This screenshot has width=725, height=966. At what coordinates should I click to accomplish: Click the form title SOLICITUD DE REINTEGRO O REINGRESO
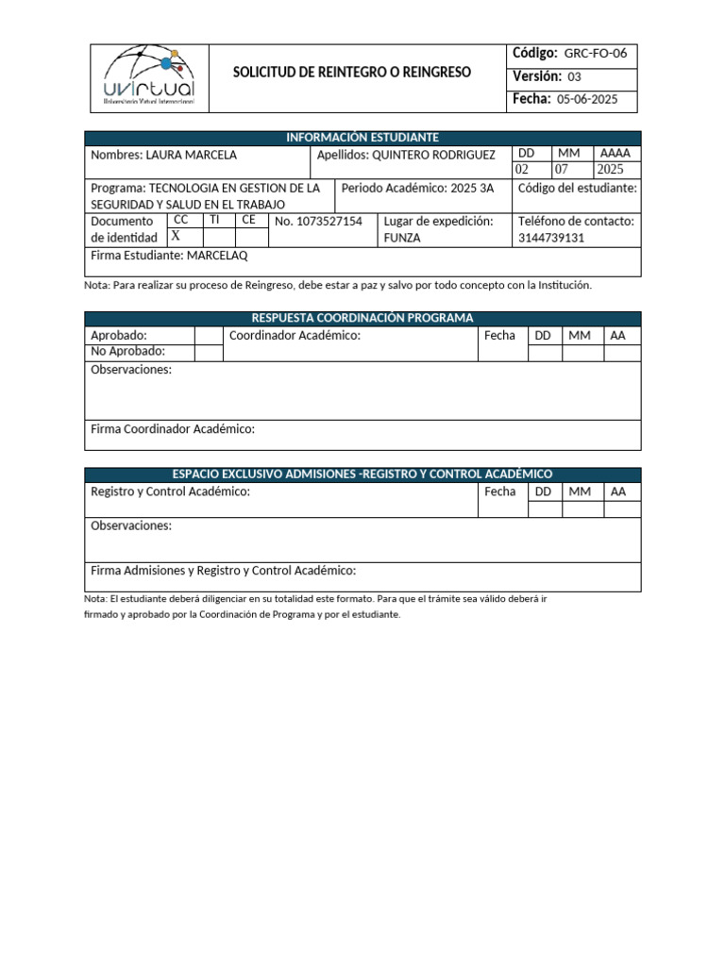click(352, 73)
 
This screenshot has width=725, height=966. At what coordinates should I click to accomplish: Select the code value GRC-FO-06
click(595, 54)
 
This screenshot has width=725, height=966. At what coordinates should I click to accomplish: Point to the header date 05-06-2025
click(588, 99)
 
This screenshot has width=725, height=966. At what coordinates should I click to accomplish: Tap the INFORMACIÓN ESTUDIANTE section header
click(362, 138)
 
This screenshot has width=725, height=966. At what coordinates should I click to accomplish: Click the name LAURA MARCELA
click(192, 155)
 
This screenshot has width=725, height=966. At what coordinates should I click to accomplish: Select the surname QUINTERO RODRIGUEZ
click(434, 155)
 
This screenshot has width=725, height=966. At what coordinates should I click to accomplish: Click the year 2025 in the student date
click(611, 170)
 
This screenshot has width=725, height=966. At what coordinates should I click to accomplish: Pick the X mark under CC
click(176, 237)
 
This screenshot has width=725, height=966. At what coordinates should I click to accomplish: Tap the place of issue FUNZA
click(402, 238)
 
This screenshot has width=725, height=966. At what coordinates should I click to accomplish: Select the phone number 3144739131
click(552, 238)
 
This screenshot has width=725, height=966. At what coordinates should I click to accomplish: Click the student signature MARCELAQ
click(217, 255)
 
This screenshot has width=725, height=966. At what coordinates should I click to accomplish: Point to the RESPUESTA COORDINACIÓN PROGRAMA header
click(362, 318)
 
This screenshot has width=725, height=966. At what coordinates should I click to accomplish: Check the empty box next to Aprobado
click(208, 335)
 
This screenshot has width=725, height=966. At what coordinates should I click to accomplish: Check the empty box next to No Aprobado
click(208, 352)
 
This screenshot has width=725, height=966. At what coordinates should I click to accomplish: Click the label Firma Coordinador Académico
click(173, 429)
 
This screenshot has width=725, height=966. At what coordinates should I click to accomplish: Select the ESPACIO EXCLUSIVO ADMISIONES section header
click(362, 474)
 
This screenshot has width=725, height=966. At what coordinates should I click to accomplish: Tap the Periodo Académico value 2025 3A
click(472, 188)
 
